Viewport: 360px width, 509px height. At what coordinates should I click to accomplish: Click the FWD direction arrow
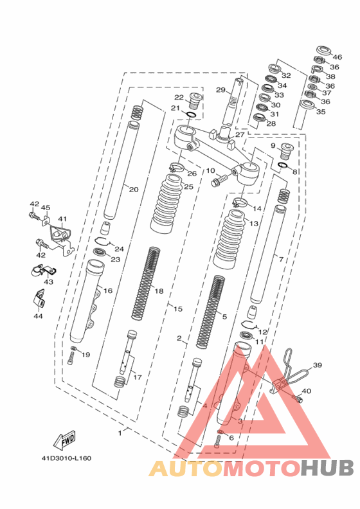coord(65,440)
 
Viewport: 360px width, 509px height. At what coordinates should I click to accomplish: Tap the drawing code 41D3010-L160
coord(66,458)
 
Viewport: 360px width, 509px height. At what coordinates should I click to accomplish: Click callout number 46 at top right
coord(337,57)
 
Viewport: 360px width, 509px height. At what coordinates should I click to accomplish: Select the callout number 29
coord(221,90)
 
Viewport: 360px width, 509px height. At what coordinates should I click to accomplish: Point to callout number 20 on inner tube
coord(134,189)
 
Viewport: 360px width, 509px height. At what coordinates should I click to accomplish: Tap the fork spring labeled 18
coord(146,283)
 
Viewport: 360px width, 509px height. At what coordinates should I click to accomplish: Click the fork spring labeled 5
coord(211,312)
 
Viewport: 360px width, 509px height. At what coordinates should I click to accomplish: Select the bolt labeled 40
coord(298,398)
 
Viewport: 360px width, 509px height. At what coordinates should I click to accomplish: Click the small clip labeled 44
coord(39,298)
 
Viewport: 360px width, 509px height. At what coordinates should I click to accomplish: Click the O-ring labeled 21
coord(191,114)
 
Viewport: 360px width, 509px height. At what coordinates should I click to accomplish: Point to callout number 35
coord(320,112)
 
